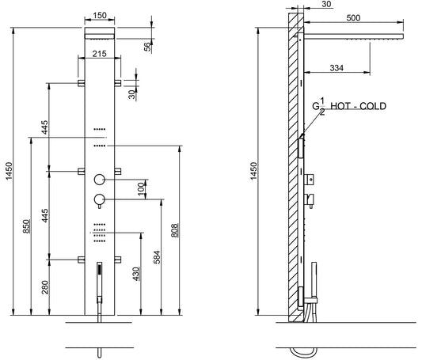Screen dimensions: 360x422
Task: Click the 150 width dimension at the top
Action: click(x=100, y=14)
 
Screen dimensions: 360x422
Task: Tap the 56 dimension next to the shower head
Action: click(x=147, y=46)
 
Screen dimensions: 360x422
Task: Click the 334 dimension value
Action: click(x=337, y=68)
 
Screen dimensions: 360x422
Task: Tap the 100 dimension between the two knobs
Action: click(x=141, y=188)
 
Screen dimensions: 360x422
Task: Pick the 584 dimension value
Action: click(x=156, y=257)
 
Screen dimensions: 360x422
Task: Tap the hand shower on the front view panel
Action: click(x=100, y=276)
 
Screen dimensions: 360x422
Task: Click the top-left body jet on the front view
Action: click(x=82, y=82)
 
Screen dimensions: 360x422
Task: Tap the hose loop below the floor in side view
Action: click(x=303, y=350)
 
